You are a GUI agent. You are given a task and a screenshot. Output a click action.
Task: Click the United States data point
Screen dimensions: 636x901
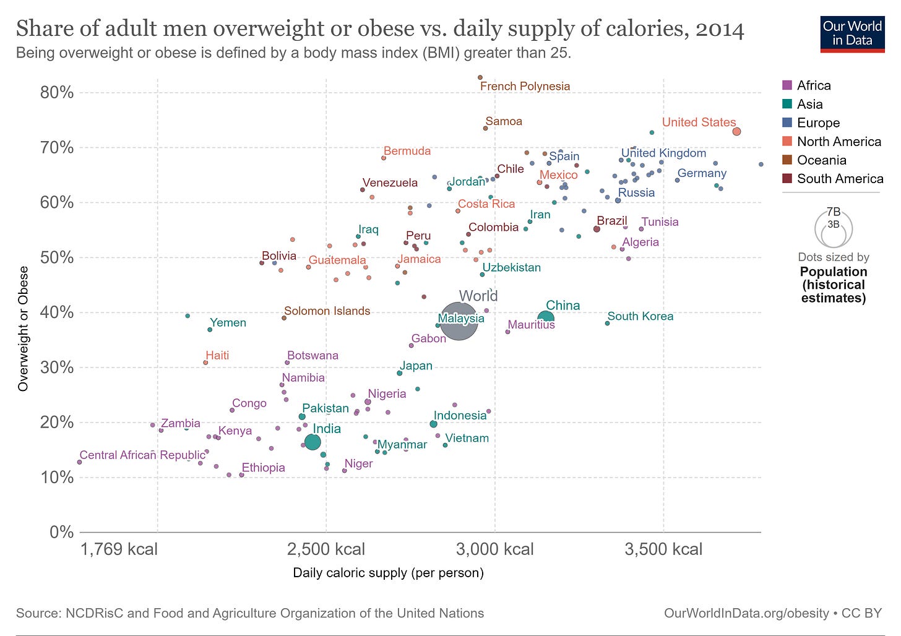tap(736, 131)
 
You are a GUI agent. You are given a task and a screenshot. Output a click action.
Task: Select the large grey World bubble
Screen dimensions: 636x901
tap(459, 321)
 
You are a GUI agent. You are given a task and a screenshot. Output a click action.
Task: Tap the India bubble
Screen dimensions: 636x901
tap(313, 442)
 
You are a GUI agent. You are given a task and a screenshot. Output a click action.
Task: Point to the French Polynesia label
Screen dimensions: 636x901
tap(525, 87)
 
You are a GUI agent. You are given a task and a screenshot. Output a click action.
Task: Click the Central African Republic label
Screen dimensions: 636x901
tap(142, 455)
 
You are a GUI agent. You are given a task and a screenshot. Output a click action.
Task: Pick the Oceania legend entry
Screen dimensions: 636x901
tap(821, 160)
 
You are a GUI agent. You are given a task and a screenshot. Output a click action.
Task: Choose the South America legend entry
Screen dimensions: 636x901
tap(840, 179)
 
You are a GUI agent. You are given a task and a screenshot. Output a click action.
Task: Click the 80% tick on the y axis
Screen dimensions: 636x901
tap(57, 93)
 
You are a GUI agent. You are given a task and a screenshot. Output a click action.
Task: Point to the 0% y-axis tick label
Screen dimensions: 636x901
tap(61, 532)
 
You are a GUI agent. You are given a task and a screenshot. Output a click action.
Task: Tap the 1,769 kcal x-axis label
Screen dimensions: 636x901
tap(119, 549)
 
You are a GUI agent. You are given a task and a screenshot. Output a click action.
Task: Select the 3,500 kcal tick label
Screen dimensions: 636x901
tap(663, 549)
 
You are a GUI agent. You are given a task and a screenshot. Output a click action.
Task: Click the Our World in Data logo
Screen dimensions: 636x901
tap(852, 34)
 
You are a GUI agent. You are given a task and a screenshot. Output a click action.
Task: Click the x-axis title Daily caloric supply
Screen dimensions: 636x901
tap(388, 573)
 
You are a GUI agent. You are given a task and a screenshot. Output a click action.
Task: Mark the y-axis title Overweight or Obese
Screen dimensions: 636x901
tap(24, 329)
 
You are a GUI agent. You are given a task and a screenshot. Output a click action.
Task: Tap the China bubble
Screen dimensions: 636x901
tap(545, 319)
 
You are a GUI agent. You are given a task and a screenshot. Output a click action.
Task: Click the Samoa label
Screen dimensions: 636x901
tap(504, 121)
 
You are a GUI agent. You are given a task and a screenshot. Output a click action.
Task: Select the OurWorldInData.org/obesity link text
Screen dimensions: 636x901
tap(746, 613)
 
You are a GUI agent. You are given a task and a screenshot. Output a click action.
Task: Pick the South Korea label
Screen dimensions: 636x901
tap(640, 316)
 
